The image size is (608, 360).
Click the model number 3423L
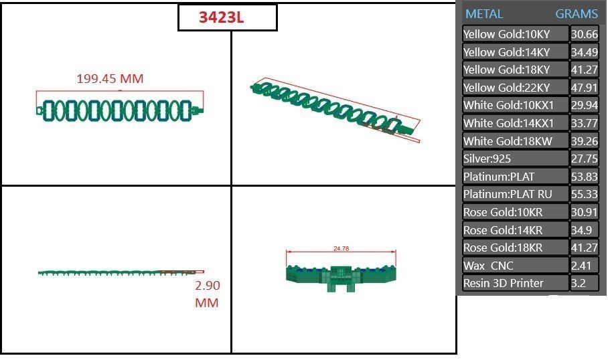(222, 18)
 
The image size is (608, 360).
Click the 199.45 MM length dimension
(110, 79)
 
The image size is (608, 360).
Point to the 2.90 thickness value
(207, 285)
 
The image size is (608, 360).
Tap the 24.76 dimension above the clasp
(341, 248)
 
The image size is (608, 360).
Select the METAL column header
(484, 14)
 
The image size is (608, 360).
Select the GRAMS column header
(577, 14)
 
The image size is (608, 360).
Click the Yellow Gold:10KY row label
(507, 34)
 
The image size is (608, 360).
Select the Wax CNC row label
(489, 266)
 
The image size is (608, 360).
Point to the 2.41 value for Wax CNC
(580, 266)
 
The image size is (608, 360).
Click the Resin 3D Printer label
(504, 283)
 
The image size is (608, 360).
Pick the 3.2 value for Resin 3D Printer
(578, 283)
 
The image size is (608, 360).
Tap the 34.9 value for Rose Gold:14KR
(581, 230)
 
